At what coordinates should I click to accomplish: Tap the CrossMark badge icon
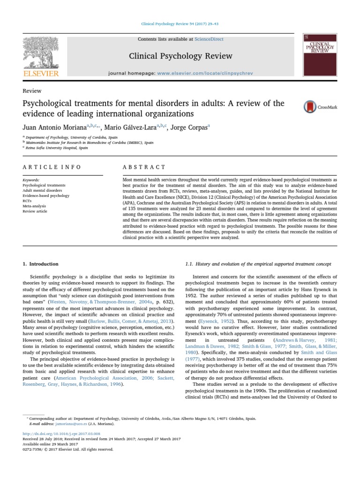[309, 107]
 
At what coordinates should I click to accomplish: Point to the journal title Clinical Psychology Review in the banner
[180, 56]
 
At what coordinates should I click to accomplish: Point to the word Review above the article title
[32, 91]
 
